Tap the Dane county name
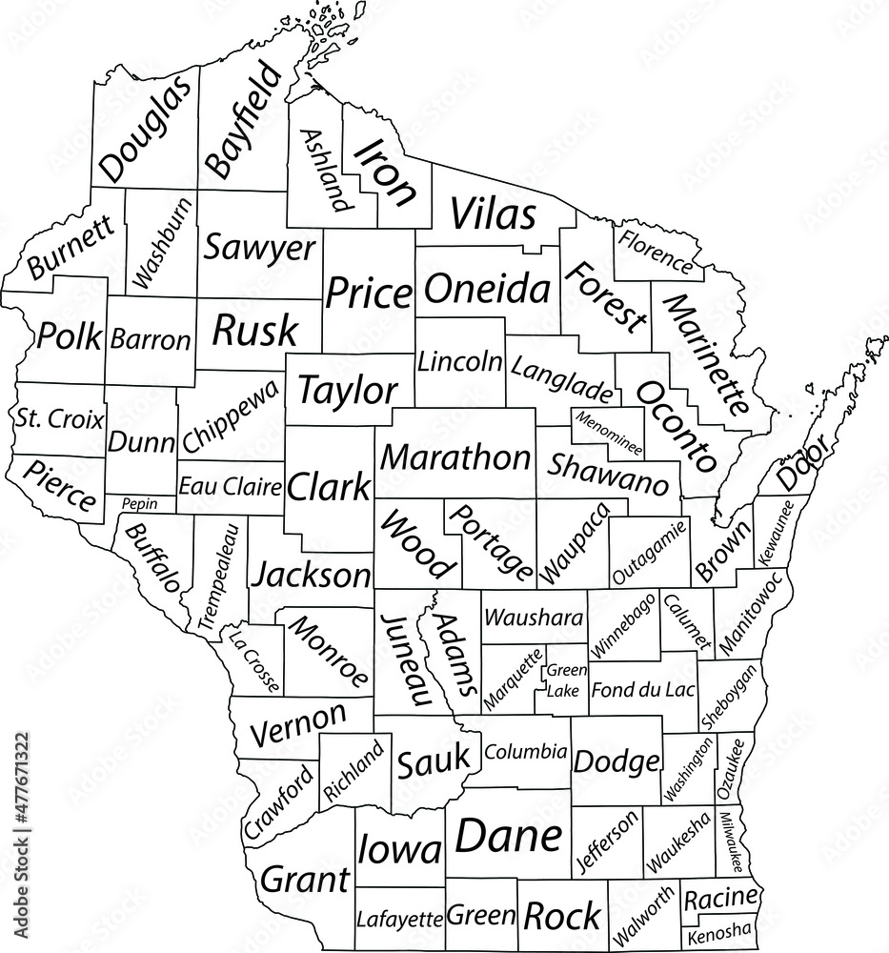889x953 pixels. click(508, 836)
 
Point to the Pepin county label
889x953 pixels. click(139, 503)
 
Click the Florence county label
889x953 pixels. click(656, 251)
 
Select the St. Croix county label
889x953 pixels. click(59, 417)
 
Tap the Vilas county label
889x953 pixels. click(492, 215)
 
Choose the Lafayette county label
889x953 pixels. click(399, 919)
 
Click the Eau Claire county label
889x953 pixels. click(231, 487)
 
